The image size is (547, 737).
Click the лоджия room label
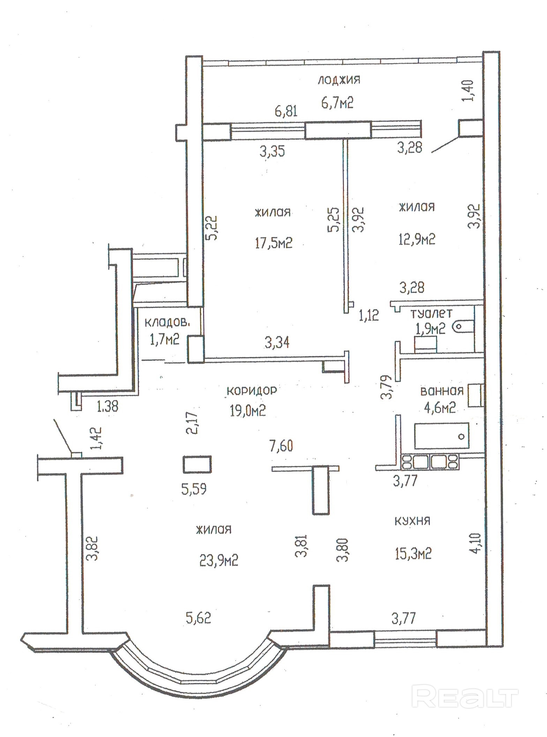pos(339,80)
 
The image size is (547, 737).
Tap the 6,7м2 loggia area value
pos(337,103)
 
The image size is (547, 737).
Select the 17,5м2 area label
pos(273,243)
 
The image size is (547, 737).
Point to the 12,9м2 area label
pos(417,240)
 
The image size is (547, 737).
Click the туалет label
pos(431,313)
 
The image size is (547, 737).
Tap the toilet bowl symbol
pos(463,327)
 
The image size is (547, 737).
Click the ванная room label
pos(442,391)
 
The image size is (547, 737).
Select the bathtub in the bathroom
pos(442,436)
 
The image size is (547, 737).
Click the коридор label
pos(252,390)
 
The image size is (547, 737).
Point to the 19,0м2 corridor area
pos(248,410)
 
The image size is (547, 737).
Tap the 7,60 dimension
pos(281,446)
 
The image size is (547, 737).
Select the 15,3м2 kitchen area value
pos(413,553)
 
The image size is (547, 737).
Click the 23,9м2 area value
pos(219,561)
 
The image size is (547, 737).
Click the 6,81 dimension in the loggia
pos(286,111)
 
